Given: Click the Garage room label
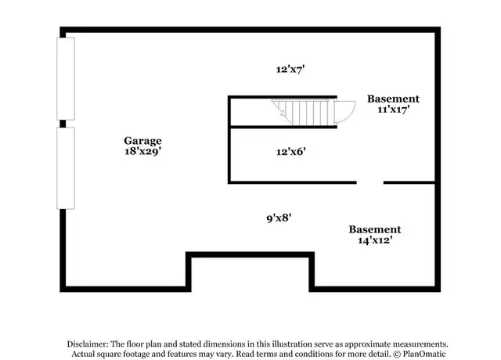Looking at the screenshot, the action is pyautogui.click(x=142, y=141).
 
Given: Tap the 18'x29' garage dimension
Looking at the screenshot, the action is pyautogui.click(x=142, y=151).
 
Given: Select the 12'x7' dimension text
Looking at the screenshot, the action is pyautogui.click(x=290, y=69).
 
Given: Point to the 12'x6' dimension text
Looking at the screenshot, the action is pyautogui.click(x=290, y=151).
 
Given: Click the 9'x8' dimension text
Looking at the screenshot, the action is pyautogui.click(x=279, y=218).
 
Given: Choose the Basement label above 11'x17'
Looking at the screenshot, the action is pyautogui.click(x=393, y=99).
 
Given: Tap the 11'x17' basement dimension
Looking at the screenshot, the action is pyautogui.click(x=394, y=110).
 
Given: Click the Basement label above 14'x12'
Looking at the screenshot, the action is pyautogui.click(x=374, y=229).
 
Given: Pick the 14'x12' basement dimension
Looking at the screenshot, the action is pyautogui.click(x=375, y=240).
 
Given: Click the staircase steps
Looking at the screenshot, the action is pyautogui.click(x=304, y=112).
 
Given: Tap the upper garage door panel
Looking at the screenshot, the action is pyautogui.click(x=66, y=79).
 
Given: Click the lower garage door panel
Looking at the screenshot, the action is pyautogui.click(x=66, y=168).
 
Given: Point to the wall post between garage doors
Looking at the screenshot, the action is pyautogui.click(x=63, y=124).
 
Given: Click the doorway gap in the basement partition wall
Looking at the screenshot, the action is pyautogui.click(x=370, y=182).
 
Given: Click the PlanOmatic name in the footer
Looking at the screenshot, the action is pyautogui.click(x=424, y=354).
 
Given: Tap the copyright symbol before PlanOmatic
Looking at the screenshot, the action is pyautogui.click(x=397, y=355).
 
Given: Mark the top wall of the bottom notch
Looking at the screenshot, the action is pyautogui.click(x=250, y=254).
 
